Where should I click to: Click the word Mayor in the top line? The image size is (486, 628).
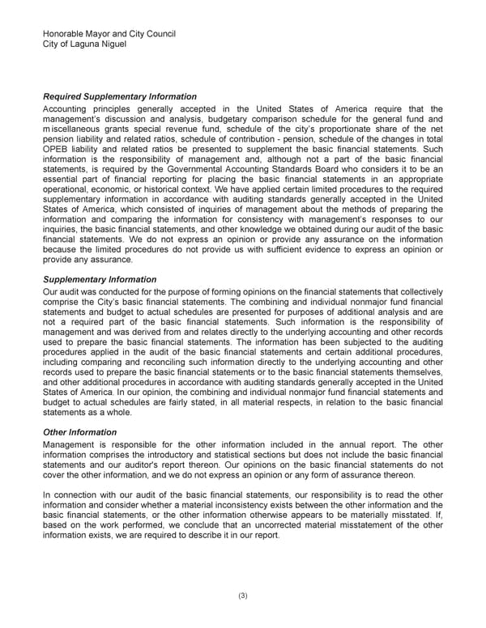(x=102, y=34)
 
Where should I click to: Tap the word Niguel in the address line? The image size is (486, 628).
(x=109, y=44)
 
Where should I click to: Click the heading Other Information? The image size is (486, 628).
(x=79, y=432)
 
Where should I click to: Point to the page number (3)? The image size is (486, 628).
(x=243, y=596)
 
